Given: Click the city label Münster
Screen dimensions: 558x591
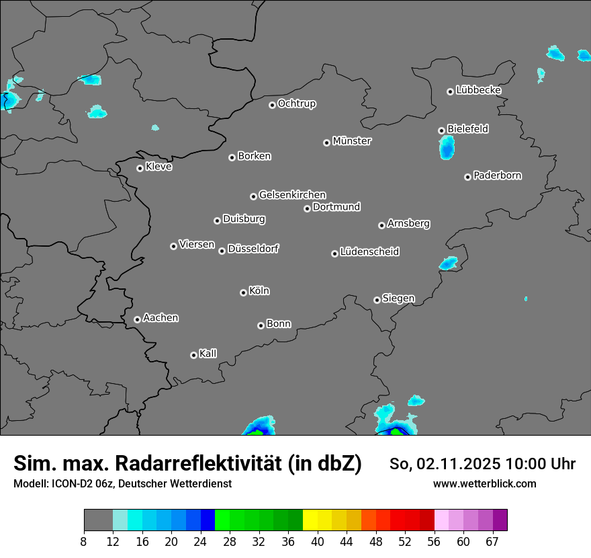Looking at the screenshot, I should pos(352,141).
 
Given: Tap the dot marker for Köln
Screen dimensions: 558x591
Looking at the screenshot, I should pos(243,292).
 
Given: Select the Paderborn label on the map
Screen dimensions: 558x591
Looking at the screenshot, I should pos(497,175).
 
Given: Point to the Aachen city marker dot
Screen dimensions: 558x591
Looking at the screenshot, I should pos(137,319).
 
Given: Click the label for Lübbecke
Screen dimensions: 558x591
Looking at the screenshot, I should pos(478,90).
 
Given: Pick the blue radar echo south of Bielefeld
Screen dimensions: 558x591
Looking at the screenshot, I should pos(447,147).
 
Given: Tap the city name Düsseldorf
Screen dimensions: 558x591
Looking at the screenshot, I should pos(253,249).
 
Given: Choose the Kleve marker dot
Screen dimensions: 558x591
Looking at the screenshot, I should pos(140,168).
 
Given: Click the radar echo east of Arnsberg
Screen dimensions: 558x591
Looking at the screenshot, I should pos(448,263).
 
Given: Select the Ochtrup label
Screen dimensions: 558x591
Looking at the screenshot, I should pos(297,104).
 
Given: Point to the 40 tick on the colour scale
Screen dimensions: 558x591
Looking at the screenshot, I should pos(318,541).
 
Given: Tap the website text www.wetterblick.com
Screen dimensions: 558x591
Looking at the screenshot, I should pos(485,483).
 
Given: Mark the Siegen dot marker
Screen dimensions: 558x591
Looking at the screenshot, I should pos(377,300).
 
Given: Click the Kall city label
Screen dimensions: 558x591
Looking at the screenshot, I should pos(208,354).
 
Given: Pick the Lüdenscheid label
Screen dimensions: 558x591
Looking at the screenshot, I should pos(369,252).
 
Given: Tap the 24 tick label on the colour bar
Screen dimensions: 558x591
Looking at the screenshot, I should pos(201,541).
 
